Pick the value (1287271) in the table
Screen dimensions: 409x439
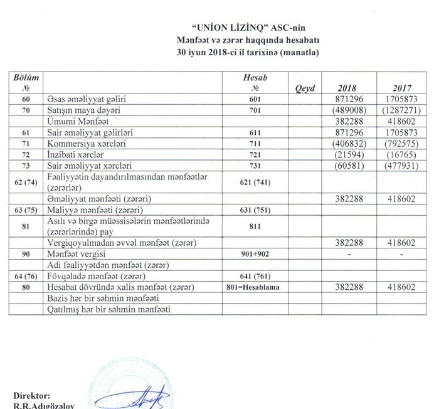pos(399,110)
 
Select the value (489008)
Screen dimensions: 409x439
pos(346,110)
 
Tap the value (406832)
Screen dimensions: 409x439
pos(346,144)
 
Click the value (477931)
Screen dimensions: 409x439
pos(399,167)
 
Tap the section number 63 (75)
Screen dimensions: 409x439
pos(26,210)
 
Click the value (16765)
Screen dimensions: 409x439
pos(399,156)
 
